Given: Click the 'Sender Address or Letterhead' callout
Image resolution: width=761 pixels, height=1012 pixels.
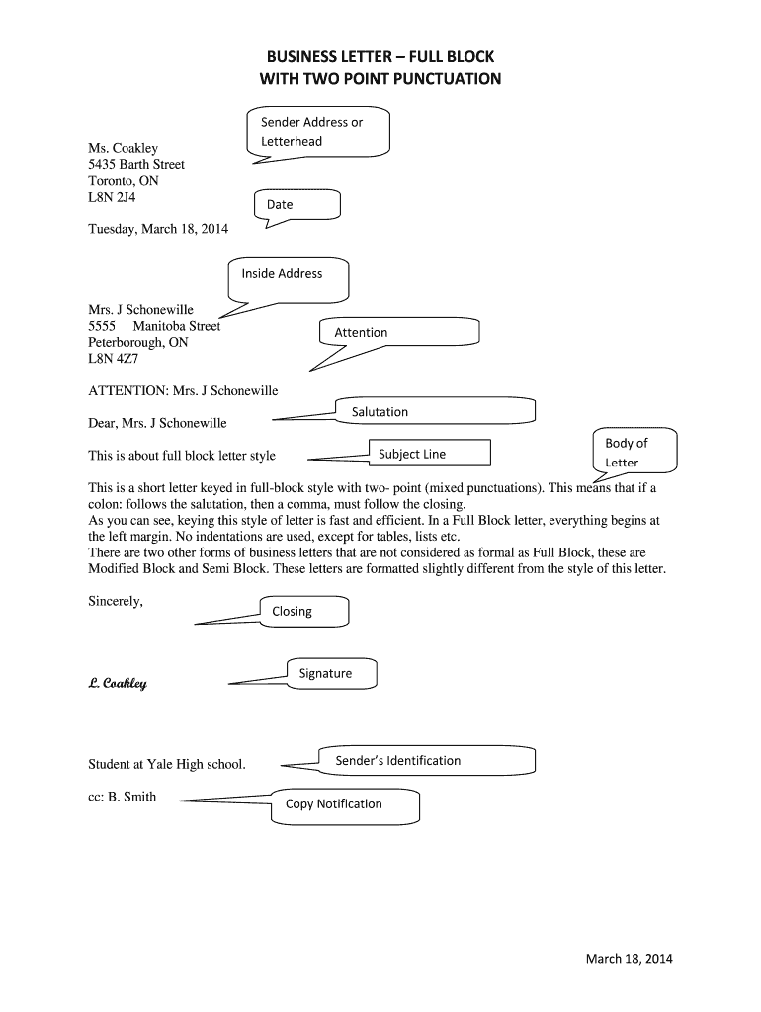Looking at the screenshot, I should click(318, 131).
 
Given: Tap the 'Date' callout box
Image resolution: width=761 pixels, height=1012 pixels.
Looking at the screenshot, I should click(297, 205).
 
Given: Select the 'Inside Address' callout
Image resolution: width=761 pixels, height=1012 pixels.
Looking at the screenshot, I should click(289, 278).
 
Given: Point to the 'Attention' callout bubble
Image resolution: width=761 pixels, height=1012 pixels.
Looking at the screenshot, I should click(398, 332).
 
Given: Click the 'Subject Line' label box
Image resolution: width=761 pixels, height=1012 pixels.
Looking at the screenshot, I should click(429, 454).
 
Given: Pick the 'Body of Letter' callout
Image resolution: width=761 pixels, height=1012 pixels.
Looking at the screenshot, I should click(634, 451).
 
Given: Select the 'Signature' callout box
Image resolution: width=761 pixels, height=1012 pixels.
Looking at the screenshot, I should click(331, 673).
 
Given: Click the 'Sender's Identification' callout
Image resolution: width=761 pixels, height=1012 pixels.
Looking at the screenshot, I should click(426, 760).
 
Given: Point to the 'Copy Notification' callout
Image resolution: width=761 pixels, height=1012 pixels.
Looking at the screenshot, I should click(345, 804).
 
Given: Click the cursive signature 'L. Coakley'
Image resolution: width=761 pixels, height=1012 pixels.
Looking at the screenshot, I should click(118, 683).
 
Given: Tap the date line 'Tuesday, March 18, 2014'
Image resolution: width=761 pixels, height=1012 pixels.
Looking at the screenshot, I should click(158, 229).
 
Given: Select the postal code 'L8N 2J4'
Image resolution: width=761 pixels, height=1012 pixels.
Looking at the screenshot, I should click(111, 198).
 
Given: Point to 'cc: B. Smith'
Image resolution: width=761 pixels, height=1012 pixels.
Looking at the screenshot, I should click(123, 797).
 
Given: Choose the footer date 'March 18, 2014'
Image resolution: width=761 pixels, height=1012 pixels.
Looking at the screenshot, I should click(629, 959).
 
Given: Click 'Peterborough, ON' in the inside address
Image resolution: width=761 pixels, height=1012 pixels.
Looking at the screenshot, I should click(138, 342).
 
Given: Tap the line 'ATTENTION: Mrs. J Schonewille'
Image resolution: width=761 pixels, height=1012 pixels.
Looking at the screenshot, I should click(183, 391).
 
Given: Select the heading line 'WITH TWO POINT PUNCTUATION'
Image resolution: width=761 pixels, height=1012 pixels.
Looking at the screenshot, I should click(380, 78).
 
